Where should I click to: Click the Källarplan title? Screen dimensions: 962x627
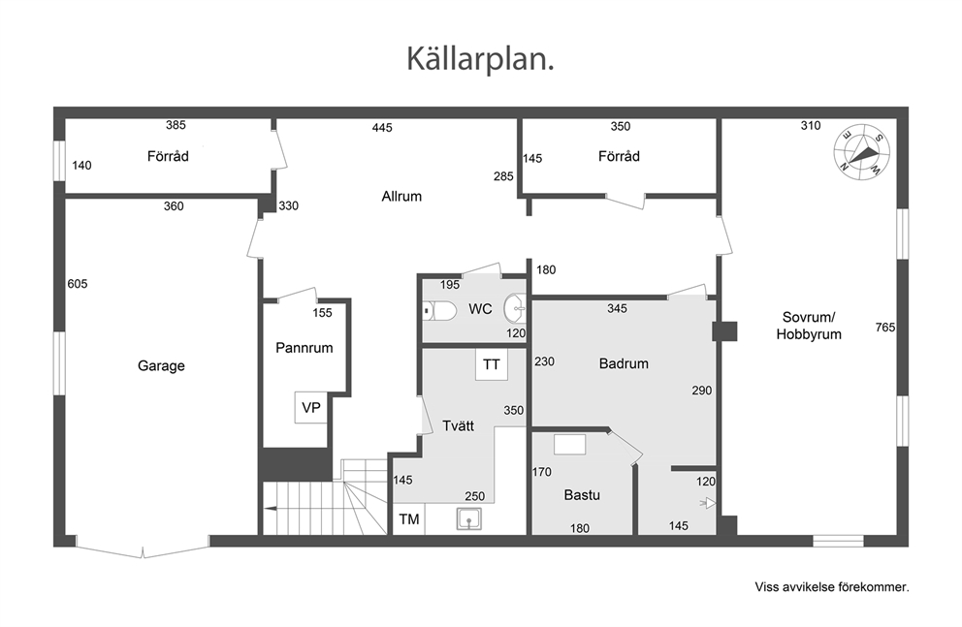pos(480,60)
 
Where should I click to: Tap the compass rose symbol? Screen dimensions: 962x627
pos(862,152)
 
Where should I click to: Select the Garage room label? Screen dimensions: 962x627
pos(161,366)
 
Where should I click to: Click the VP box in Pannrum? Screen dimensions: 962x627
pos(311,408)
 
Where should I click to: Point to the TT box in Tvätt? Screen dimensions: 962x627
pos(492,364)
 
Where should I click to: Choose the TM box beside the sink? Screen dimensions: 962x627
pos(408,519)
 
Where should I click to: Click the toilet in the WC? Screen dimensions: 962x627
pos(440,311)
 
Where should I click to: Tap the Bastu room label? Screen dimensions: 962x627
pos(582,494)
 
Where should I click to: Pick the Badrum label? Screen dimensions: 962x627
pos(624,363)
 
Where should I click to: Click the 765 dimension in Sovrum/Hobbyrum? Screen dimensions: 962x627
pos(884,328)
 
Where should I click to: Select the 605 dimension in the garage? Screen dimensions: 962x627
pos(78,284)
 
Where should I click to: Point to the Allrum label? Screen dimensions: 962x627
pos(401,196)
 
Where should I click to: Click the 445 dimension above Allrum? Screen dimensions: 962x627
pos(382,128)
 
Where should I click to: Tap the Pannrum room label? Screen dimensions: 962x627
pos(304,348)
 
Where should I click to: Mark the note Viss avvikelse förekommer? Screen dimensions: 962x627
pos(832,587)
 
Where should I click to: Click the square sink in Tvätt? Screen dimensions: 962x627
pos(468,519)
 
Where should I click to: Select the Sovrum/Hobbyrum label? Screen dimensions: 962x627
pos(809,326)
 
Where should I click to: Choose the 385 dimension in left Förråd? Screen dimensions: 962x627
pos(176,125)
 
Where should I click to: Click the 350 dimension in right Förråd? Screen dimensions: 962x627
pos(621,126)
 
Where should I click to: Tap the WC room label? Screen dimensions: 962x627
pos(480,309)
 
